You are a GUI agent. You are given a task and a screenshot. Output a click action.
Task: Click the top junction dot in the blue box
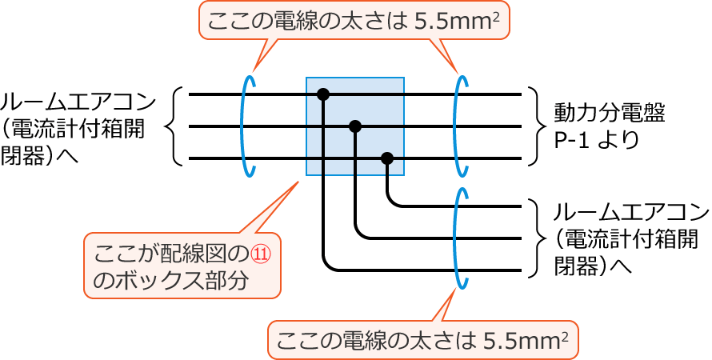tap(323, 94)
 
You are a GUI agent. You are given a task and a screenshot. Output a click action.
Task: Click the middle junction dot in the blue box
tap(355, 126)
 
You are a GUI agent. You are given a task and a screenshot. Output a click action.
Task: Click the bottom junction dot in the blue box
tap(387, 158)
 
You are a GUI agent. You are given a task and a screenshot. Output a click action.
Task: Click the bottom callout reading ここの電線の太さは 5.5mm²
tap(422, 341)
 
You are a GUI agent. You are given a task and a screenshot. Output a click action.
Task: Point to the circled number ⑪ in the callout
tap(262, 254)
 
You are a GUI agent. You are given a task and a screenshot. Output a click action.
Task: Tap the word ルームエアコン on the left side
tap(78, 102)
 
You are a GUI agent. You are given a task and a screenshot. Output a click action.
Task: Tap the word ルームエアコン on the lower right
tap(631, 213)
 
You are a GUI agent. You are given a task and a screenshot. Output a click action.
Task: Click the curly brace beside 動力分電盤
tap(534, 126)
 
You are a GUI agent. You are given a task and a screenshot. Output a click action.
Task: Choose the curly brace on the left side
tap(177, 126)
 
